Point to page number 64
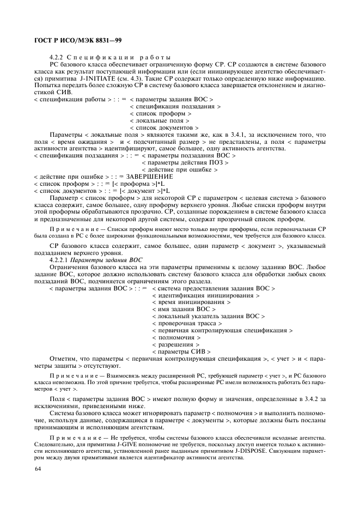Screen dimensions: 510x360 [x=38, y=469]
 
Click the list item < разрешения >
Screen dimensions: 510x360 [x=175, y=344]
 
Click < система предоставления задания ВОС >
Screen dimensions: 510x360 [x=213, y=288]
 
